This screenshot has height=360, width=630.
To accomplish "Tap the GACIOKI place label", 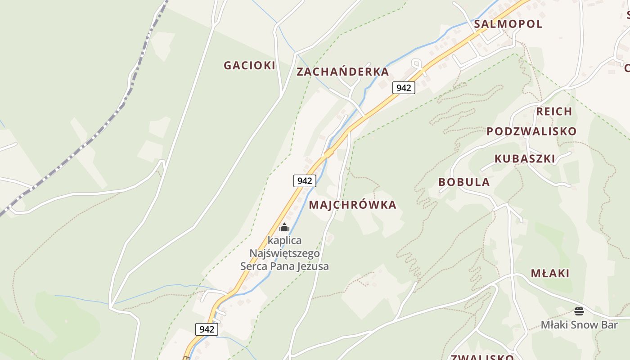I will click(x=249, y=65).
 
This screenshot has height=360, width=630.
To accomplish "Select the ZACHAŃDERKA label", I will click(x=342, y=72).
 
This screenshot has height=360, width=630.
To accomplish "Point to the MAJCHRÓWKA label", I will click(x=352, y=205).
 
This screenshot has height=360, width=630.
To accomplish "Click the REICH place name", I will click(x=554, y=111).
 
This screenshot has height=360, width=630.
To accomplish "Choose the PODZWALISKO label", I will click(x=531, y=131).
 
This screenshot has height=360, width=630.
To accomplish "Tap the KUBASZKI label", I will click(x=525, y=158).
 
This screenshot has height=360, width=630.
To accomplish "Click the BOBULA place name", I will click(x=464, y=182).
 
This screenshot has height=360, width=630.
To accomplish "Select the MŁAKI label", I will click(x=550, y=273).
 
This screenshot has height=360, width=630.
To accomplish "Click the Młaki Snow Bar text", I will click(x=579, y=324).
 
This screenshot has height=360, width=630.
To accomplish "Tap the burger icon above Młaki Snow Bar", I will click(x=579, y=311).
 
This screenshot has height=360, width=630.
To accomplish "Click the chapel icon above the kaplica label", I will click(x=284, y=227).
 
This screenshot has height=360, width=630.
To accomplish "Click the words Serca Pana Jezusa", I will click(x=284, y=266).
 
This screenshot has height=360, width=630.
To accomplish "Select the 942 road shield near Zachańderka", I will click(x=404, y=87).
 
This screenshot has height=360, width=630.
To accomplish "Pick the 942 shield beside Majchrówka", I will click(x=305, y=181).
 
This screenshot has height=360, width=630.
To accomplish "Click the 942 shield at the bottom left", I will click(x=207, y=329).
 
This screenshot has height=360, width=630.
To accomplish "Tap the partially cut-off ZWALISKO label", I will click(x=482, y=357).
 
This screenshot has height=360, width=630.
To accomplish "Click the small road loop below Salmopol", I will click(x=417, y=64).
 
